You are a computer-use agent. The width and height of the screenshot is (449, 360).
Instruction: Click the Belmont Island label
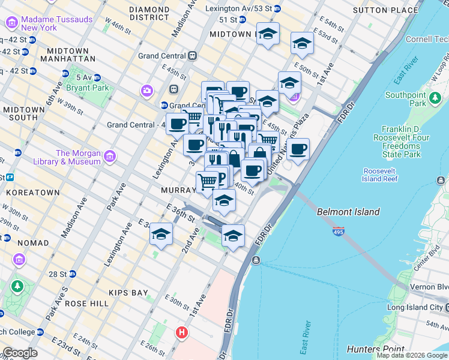tap(348, 212)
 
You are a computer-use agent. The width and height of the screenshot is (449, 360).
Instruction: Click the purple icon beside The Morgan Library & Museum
tap(109, 157)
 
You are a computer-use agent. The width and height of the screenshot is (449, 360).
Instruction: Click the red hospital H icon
tap(182, 332)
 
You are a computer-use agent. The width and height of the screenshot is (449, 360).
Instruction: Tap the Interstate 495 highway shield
tap(339, 231)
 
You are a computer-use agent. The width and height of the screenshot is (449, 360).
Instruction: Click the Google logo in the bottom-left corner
tap(20, 353)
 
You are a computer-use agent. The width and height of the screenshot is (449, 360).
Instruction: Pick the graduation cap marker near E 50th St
tap(302, 43)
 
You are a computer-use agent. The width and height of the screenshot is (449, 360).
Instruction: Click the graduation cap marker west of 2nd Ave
tap(161, 235)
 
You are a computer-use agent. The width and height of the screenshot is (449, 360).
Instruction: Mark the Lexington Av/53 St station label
tap(243, 9)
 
